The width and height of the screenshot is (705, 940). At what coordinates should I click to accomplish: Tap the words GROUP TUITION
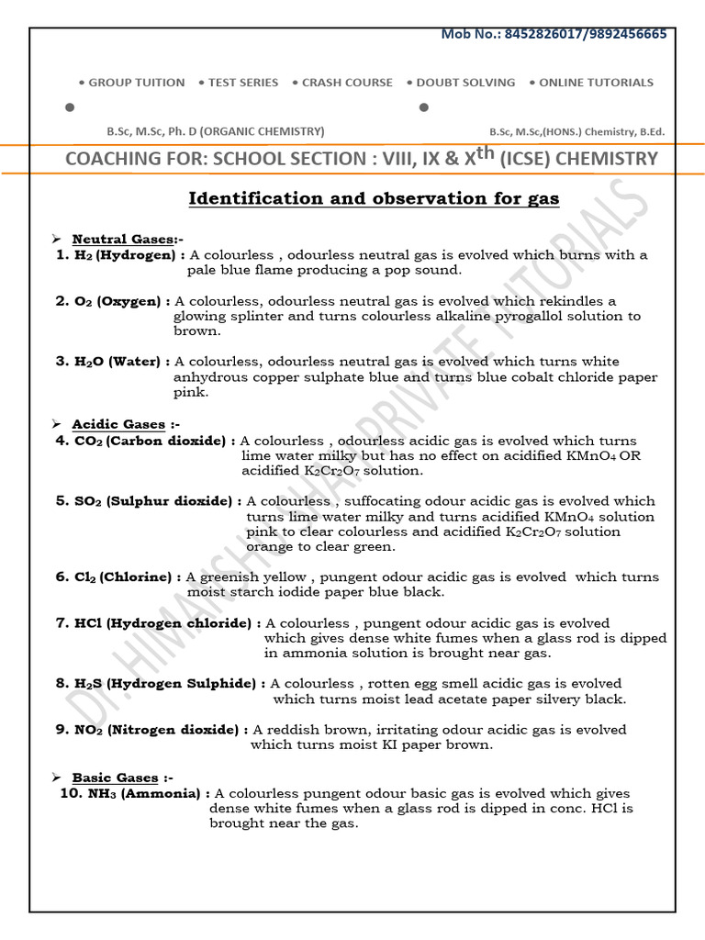tap(137, 83)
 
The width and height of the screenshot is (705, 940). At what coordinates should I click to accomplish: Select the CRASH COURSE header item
tap(348, 83)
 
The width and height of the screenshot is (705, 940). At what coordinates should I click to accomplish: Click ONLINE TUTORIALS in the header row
tap(596, 83)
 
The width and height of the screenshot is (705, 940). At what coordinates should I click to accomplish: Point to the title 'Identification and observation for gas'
tap(374, 198)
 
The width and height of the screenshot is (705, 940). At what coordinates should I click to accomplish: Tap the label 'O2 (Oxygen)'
tap(122, 301)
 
